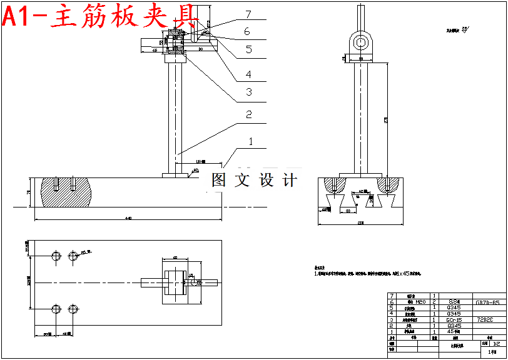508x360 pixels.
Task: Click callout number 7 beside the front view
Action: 248,14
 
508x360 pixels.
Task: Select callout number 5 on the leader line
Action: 248,49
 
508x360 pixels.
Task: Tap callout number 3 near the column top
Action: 248,92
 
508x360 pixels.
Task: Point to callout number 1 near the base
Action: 251,142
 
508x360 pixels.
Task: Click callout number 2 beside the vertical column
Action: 248,115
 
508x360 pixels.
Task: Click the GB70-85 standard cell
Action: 487,302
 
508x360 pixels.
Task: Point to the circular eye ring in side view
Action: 362,42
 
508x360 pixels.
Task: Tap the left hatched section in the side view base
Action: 337,186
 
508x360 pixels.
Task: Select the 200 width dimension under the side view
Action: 362,222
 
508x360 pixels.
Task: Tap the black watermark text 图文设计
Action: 254,181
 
